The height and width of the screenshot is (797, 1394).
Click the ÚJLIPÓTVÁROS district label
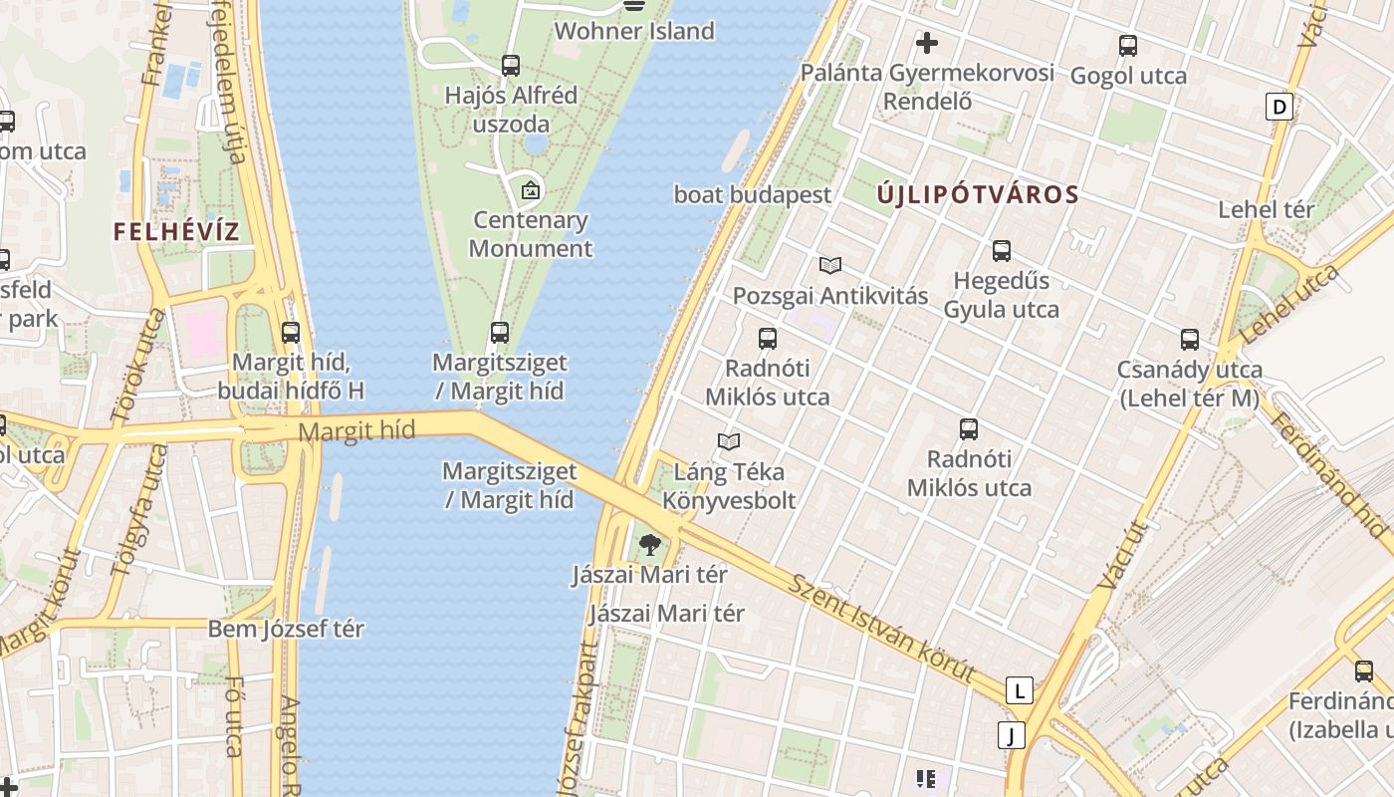click(978, 195)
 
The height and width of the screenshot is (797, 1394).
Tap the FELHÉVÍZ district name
click(176, 232)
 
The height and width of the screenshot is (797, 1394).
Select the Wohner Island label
click(634, 31)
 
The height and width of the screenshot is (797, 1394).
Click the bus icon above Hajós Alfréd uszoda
click(511, 66)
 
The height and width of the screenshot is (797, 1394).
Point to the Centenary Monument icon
click(531, 189)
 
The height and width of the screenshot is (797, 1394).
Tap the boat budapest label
click(752, 194)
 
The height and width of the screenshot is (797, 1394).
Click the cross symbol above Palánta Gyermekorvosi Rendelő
click(927, 43)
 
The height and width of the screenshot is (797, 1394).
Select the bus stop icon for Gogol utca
click(1127, 46)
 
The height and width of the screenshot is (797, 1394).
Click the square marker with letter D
click(1278, 107)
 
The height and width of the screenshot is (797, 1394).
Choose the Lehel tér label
click(1267, 210)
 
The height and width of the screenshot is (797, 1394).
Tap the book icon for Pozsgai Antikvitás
click(830, 265)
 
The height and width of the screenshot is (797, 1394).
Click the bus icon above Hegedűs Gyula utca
click(1002, 251)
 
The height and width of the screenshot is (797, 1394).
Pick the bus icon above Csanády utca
click(1189, 340)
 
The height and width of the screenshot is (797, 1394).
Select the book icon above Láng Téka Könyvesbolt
click(729, 441)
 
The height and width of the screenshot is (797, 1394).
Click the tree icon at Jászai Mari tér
click(650, 544)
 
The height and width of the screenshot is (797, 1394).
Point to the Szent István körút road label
click(882, 628)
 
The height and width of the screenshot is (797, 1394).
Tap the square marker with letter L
click(1019, 690)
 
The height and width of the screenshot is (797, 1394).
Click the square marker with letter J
click(1011, 736)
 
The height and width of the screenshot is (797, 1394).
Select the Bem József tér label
click(286, 630)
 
